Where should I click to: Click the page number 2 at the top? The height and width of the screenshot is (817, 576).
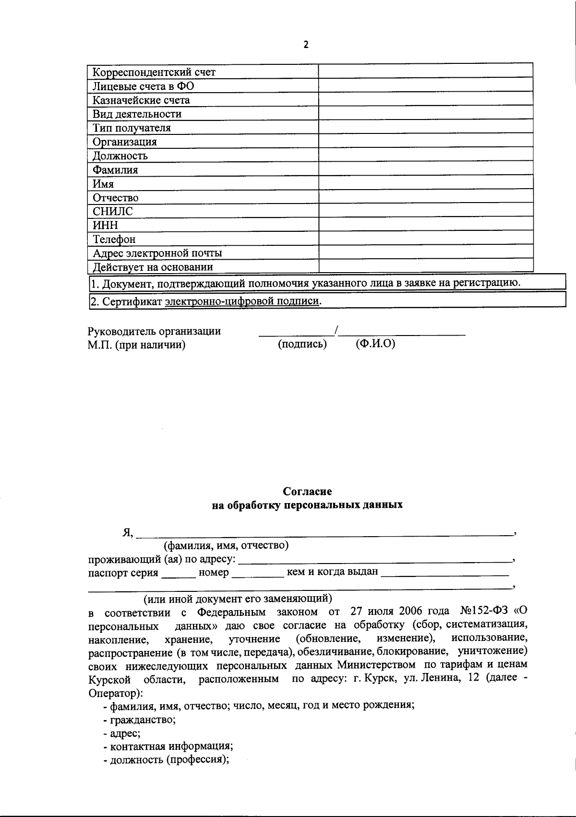(x=306, y=45)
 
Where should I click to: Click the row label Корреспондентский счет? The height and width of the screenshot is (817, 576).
(x=154, y=72)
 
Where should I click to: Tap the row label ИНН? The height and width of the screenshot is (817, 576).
(x=105, y=225)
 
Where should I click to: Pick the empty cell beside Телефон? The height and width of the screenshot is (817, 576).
(x=425, y=238)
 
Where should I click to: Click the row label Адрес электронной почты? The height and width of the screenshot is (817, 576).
(x=157, y=253)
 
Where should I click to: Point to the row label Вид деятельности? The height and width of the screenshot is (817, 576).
(x=137, y=114)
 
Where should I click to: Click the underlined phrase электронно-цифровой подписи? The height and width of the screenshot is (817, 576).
(x=242, y=301)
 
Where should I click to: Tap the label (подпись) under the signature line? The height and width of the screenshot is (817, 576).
(x=302, y=344)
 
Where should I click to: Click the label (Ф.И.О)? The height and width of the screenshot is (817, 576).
(x=375, y=344)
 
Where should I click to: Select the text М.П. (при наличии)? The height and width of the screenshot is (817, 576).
(x=136, y=345)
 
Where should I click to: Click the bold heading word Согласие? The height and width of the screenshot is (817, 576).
(x=307, y=491)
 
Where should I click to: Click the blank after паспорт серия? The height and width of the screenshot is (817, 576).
(x=178, y=574)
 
